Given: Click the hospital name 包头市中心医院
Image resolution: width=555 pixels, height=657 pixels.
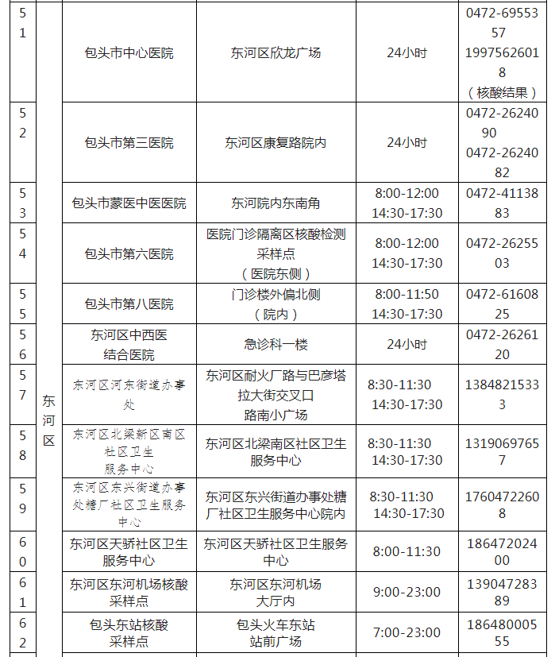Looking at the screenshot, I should (x=129, y=53).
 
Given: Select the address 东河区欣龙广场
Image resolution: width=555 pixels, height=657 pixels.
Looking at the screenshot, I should (x=276, y=53).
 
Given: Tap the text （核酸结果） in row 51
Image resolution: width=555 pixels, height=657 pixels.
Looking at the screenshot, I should (x=503, y=93).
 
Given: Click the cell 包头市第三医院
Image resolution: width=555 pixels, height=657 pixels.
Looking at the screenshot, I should (x=129, y=143).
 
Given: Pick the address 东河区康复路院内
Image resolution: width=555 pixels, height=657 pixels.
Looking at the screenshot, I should (x=276, y=143).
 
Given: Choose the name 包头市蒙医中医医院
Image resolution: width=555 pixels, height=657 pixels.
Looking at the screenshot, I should (x=129, y=203).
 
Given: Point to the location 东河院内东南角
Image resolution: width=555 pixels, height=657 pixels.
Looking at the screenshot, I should (x=276, y=203).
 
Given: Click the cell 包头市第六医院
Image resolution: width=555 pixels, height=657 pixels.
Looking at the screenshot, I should (x=129, y=253).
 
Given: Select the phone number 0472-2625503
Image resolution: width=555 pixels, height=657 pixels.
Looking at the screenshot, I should (x=503, y=253).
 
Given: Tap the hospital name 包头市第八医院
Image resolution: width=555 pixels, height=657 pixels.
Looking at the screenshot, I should (x=129, y=304).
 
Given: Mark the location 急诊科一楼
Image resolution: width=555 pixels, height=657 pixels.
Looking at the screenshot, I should (x=276, y=345).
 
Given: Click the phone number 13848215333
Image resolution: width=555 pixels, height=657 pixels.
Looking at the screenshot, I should (x=503, y=395).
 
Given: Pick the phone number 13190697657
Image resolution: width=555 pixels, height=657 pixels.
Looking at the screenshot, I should (x=503, y=451).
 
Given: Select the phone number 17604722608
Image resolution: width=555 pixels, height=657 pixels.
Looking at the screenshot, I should (x=503, y=505).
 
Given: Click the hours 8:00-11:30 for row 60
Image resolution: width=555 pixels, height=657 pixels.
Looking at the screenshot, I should (x=407, y=552).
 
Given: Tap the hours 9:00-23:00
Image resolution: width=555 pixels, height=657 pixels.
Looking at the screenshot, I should (x=407, y=593).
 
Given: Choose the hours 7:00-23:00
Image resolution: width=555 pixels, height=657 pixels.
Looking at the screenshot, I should (x=407, y=633).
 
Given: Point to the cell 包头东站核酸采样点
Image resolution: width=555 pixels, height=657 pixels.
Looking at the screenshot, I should (x=129, y=633).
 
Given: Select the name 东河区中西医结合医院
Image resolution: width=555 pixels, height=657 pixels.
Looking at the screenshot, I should (x=129, y=345).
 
